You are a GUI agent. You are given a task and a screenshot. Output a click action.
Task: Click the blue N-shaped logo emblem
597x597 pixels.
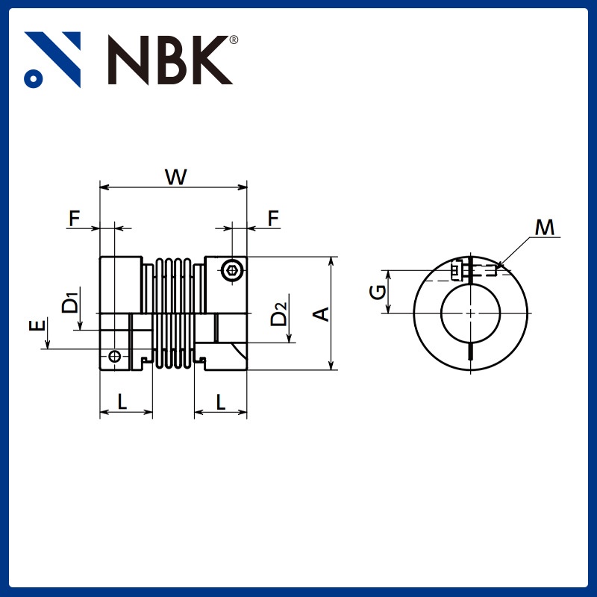(52, 59)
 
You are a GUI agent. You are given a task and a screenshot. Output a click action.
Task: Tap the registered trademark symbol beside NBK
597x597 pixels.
(234, 40)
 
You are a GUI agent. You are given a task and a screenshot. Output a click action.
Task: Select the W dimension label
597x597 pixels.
(175, 177)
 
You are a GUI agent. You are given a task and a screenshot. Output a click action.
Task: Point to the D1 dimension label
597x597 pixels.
(70, 302)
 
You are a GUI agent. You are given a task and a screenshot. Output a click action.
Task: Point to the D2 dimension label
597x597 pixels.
(278, 314)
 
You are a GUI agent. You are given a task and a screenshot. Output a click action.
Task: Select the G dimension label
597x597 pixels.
(379, 291)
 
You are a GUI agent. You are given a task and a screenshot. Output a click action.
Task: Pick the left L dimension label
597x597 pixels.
(122, 401)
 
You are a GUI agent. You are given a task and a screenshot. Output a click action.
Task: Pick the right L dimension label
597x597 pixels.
(221, 401)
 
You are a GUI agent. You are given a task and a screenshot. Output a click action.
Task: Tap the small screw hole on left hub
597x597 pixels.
(113, 356)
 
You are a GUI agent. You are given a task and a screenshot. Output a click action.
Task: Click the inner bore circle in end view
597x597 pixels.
(471, 313)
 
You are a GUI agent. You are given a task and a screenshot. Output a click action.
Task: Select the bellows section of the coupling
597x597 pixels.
(172, 313)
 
